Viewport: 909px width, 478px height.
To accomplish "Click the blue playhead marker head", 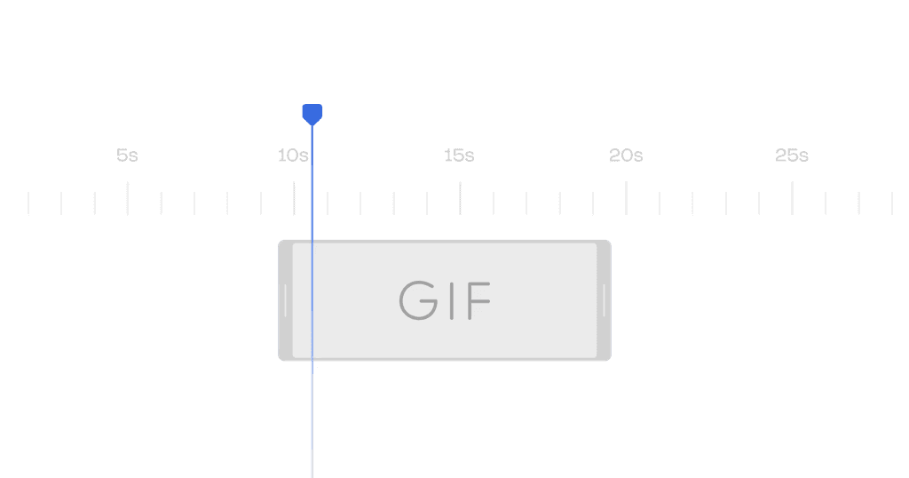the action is [312, 115].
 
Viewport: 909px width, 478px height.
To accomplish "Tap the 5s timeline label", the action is [127, 155].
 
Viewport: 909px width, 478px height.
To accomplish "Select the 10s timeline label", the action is [293, 155].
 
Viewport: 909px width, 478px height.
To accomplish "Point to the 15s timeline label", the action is [459, 155].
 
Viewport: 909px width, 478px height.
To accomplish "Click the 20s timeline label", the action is [626, 155].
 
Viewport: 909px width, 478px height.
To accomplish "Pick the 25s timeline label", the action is [792, 155].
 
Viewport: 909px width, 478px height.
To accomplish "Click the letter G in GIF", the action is [419, 300].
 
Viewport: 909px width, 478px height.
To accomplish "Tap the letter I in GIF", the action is [452, 300].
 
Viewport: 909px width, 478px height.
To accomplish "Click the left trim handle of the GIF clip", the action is [285, 300].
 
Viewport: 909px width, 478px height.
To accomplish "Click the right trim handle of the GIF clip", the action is [604, 300].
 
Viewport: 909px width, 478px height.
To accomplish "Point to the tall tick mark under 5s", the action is [128, 198].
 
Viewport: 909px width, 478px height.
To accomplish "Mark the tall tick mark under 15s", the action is [461, 198].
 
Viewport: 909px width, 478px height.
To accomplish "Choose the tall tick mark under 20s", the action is [626, 198].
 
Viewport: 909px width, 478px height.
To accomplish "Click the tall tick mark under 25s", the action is [793, 198].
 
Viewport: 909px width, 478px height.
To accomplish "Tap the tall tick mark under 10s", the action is [294, 198].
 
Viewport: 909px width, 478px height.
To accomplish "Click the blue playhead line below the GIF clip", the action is [312, 418].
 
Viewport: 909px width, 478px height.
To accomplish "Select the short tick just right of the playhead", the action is [328, 203].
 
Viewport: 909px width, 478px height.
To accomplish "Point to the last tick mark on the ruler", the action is [892, 203].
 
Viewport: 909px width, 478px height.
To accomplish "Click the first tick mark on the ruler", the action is [28, 203].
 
